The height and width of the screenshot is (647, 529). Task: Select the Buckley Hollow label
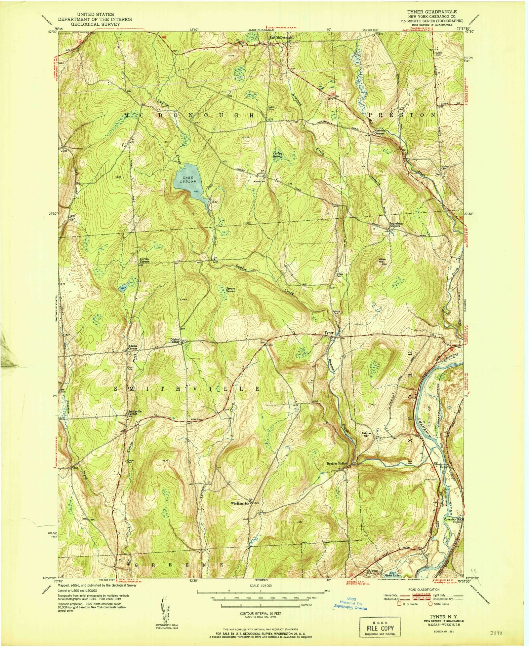(337, 463)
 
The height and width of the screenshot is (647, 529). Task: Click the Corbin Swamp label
(277, 155)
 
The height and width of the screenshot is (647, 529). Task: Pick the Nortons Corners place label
(379, 132)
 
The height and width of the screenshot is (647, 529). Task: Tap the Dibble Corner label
(175, 340)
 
